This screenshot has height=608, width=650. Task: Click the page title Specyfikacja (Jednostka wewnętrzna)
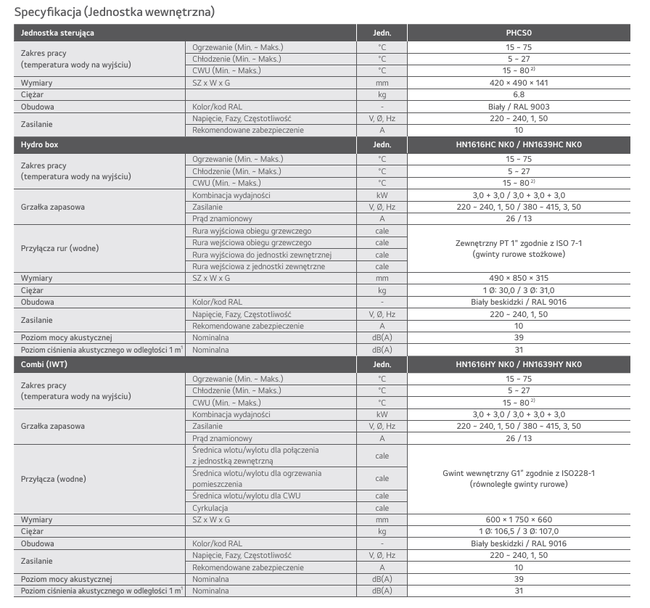(x=115, y=12)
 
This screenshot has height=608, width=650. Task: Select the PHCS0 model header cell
(x=519, y=33)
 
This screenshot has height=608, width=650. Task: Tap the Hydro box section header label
(x=40, y=144)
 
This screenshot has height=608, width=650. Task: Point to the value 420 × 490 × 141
(x=519, y=83)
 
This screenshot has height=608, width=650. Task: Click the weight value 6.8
(x=519, y=95)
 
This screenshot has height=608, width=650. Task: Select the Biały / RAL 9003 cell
(x=519, y=107)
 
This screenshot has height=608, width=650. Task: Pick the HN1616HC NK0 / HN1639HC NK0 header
(x=519, y=144)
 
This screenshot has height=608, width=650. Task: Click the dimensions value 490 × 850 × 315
(x=519, y=278)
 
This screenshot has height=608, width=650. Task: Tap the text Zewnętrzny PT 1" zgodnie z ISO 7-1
(x=519, y=242)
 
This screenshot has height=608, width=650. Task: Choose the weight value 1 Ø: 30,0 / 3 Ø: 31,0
(x=519, y=290)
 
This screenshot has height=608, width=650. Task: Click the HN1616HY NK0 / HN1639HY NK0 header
(x=519, y=363)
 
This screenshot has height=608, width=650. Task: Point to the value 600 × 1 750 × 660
(x=519, y=520)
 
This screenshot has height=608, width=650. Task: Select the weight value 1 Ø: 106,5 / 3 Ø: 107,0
(x=519, y=532)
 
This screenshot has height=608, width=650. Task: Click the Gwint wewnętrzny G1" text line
(x=519, y=472)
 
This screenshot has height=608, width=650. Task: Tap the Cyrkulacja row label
(x=210, y=508)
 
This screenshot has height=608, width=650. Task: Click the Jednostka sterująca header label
(x=57, y=33)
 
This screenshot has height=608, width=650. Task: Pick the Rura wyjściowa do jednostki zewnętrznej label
(x=262, y=255)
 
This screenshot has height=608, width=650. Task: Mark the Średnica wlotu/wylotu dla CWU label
(x=242, y=496)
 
